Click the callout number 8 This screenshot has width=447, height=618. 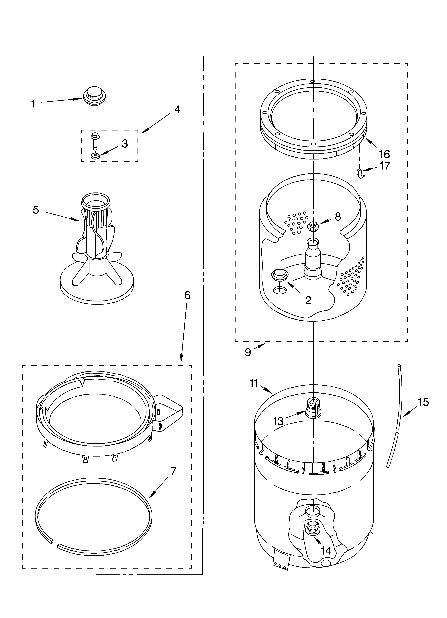click(x=338, y=217)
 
